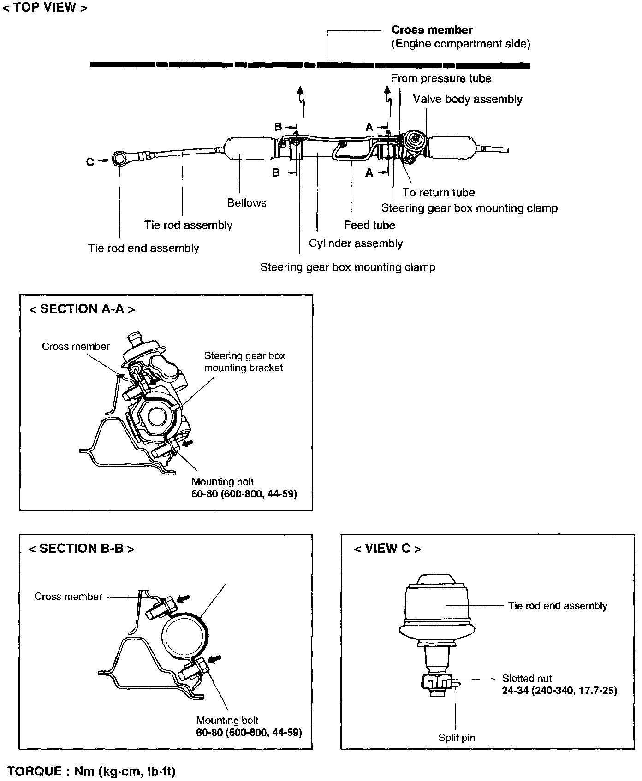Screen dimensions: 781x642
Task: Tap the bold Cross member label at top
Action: [432, 30]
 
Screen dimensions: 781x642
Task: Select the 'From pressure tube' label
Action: [441, 78]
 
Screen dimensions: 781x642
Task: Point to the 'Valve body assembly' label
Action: [468, 99]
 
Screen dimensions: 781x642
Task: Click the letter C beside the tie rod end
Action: [90, 162]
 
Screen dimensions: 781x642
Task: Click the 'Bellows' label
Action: [247, 203]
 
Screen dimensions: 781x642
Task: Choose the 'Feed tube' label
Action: [369, 225]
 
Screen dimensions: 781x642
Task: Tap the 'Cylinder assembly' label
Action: [356, 243]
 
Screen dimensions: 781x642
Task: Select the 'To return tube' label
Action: [438, 193]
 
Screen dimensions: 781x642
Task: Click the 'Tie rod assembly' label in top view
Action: [188, 225]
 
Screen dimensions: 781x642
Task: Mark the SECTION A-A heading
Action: [82, 309]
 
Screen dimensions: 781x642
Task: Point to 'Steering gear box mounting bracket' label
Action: [244, 362]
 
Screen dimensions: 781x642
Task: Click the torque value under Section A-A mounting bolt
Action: [244, 494]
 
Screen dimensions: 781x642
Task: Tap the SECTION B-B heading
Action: [81, 549]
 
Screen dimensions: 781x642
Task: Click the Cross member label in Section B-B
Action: [68, 597]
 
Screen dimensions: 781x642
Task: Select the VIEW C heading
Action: [387, 549]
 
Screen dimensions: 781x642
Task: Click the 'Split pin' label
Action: [457, 738]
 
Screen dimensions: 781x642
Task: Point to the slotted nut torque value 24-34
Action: [559, 691]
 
